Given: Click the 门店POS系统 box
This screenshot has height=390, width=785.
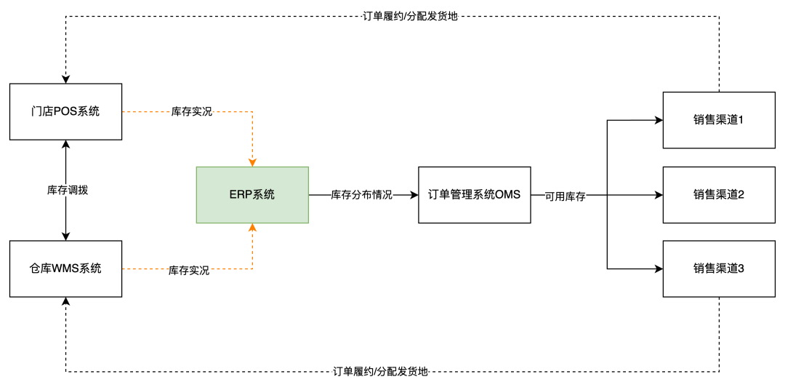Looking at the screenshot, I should point(65,111).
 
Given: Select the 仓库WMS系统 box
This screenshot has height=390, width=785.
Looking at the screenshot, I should point(65,268).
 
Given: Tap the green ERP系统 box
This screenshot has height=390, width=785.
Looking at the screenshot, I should point(252,194).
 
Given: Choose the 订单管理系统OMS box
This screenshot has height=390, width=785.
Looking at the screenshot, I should point(474,194).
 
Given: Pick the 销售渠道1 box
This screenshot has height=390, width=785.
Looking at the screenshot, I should point(719,119).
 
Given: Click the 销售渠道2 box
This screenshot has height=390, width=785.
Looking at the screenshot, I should point(719,194).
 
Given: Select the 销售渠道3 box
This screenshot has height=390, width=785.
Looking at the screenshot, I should point(719,268).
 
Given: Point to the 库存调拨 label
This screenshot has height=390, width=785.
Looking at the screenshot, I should point(67,190).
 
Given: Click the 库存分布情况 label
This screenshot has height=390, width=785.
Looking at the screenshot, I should point(361,195).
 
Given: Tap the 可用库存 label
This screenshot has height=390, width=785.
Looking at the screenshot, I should point(565,196).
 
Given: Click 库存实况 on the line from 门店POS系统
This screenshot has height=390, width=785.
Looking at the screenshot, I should point(192,112).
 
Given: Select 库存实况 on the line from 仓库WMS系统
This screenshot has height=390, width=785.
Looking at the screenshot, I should point(189,270).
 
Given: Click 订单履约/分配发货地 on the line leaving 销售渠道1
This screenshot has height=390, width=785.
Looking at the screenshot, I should point(410,15).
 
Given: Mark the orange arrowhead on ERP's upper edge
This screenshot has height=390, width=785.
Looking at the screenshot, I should point(252,162).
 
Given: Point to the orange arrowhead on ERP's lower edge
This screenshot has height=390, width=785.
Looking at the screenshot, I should point(252,228).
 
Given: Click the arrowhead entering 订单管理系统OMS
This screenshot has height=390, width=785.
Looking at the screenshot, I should point(414,194).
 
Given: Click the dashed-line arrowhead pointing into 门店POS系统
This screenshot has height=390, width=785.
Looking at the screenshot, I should point(66,79).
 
